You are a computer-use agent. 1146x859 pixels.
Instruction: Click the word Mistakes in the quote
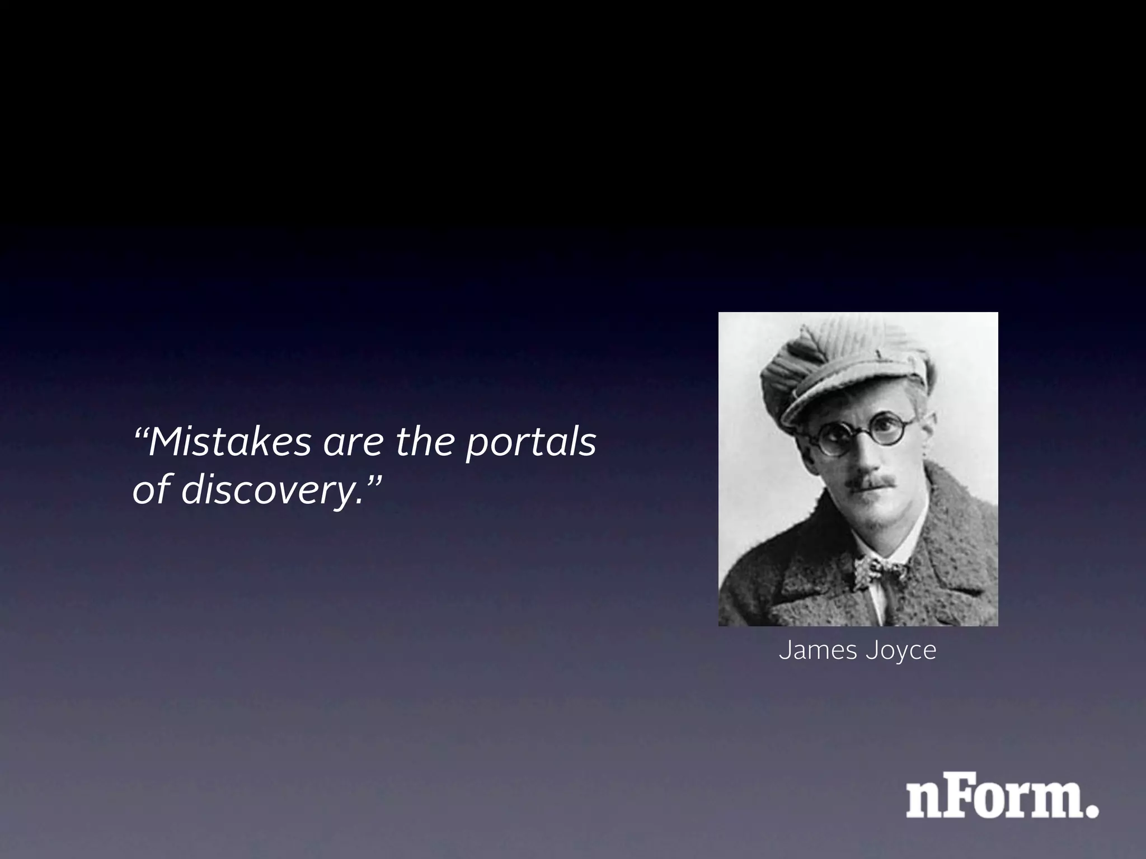(229, 442)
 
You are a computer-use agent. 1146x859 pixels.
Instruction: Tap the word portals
(531, 443)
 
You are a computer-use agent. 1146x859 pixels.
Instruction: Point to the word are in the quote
(353, 443)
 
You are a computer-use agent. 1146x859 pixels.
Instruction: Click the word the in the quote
(428, 442)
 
